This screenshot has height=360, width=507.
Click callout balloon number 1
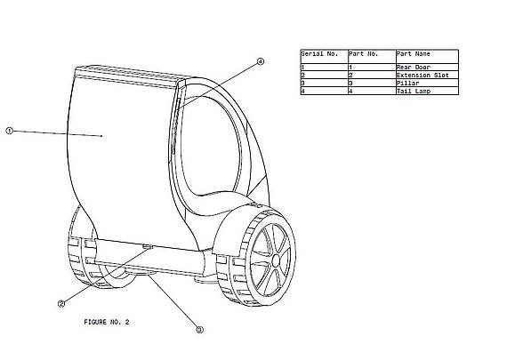[10, 131]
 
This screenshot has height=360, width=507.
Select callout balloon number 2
[61, 304]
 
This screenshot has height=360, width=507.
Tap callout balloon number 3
[200, 330]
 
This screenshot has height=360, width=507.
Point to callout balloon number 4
[261, 61]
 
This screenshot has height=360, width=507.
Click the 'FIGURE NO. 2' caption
[107, 322]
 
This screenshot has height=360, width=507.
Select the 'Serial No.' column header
[319, 53]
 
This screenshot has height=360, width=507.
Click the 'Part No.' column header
[363, 53]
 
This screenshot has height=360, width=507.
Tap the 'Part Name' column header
[414, 53]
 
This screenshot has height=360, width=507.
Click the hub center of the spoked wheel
[276, 260]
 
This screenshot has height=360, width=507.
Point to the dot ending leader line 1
[101, 136]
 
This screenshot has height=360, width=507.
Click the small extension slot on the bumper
[148, 247]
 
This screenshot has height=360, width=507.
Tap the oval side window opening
[211, 146]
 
